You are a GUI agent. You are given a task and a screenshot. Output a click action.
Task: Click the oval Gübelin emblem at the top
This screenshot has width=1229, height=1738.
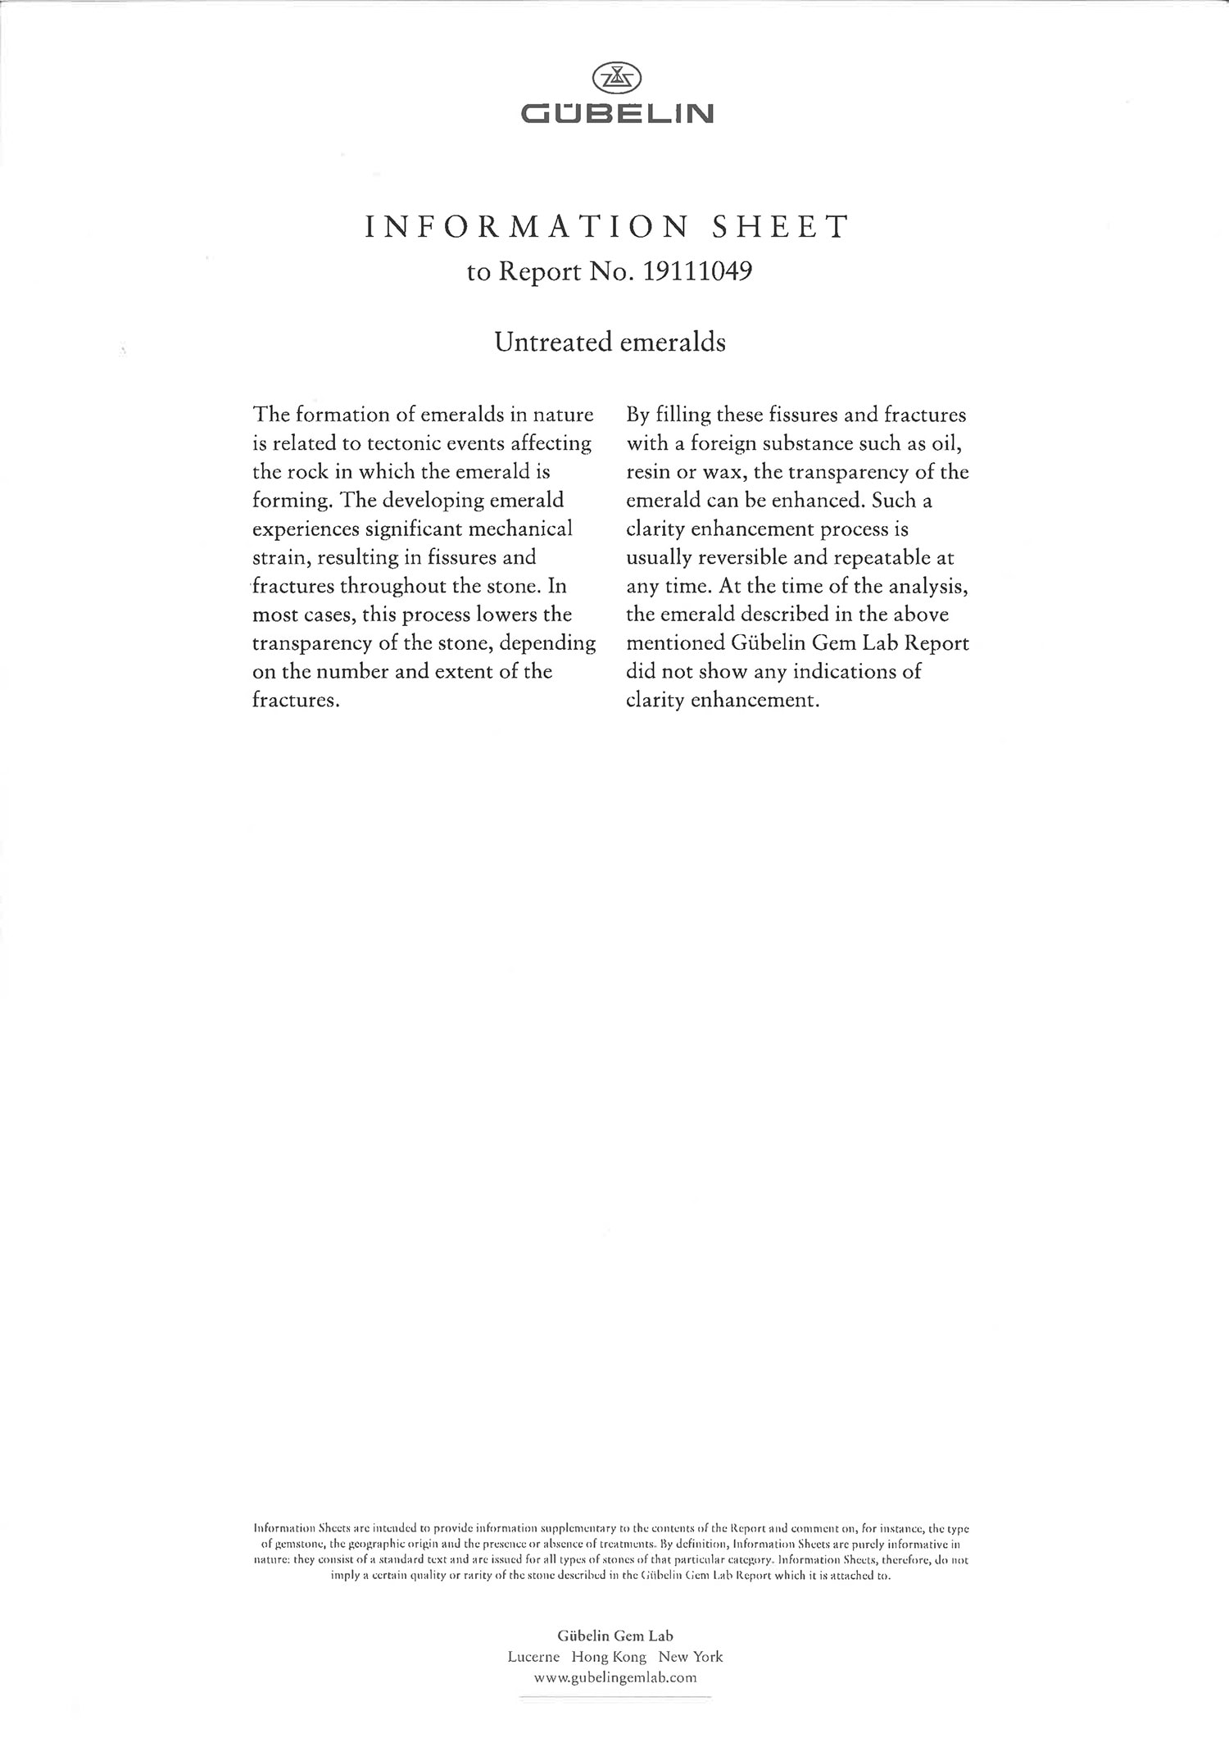tap(616, 79)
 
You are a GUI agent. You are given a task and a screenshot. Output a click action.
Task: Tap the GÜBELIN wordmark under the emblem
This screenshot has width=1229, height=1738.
tap(617, 113)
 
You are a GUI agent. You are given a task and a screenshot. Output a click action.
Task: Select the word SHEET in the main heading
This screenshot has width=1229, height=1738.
tap(780, 227)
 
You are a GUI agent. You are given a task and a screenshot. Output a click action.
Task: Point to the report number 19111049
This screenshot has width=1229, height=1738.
tap(698, 272)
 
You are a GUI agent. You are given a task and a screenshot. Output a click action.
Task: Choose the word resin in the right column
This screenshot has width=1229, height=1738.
tap(645, 472)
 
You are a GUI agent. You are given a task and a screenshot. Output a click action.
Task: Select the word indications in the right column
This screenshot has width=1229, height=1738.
tap(832, 672)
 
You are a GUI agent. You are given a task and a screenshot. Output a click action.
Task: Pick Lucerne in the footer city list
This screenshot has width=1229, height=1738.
tap(533, 1656)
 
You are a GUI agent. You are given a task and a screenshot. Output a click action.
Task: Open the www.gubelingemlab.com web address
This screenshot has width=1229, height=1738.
tap(614, 1677)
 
